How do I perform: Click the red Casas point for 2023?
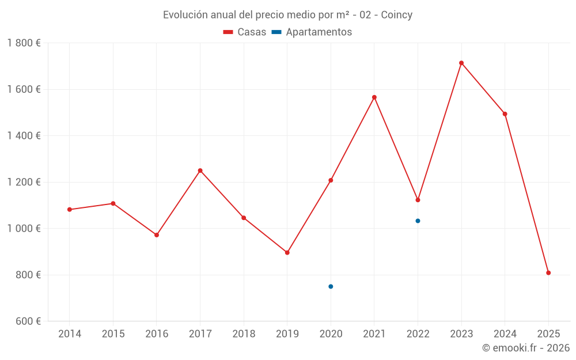point(461,63)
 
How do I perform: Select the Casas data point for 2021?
point(374,97)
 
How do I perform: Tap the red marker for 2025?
point(548,272)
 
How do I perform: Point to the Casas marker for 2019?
point(287,252)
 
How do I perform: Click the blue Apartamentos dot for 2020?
point(331,286)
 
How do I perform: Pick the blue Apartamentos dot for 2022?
point(418,221)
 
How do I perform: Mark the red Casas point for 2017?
point(200,170)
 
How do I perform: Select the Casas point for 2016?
point(157,235)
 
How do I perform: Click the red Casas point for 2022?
point(418,200)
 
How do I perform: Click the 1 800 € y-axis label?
point(24,43)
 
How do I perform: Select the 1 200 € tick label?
point(24,182)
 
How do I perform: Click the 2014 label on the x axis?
point(70,334)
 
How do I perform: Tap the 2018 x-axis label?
point(244,334)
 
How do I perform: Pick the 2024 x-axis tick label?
point(505,334)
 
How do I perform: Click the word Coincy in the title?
point(396,15)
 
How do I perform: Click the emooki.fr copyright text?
point(525,348)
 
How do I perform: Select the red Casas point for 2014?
point(70,210)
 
